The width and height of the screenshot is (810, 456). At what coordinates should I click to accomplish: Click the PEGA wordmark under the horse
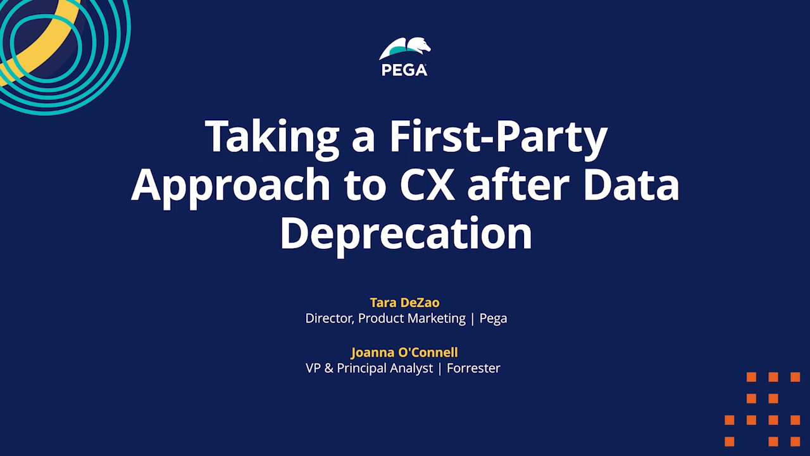pyautogui.click(x=404, y=70)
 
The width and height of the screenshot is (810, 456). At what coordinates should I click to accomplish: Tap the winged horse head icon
pyautogui.click(x=405, y=49)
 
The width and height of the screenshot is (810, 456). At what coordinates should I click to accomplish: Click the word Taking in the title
pyautogui.click(x=272, y=138)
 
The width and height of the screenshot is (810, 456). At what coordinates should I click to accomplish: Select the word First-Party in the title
pyautogui.click(x=498, y=136)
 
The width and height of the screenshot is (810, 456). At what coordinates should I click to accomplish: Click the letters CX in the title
pyautogui.click(x=427, y=185)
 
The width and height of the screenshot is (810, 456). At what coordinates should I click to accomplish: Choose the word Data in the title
pyautogui.click(x=631, y=185)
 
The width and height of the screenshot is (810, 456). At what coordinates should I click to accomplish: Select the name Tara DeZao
pyautogui.click(x=404, y=302)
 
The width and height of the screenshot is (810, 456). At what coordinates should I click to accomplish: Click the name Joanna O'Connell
pyautogui.click(x=404, y=352)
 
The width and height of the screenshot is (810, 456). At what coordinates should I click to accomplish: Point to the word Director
pyautogui.click(x=330, y=319)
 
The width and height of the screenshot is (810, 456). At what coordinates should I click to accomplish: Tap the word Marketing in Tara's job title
pyautogui.click(x=437, y=319)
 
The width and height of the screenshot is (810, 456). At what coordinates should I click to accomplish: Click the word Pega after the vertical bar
pyautogui.click(x=493, y=319)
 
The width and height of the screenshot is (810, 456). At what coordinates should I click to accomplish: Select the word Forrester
pyautogui.click(x=473, y=368)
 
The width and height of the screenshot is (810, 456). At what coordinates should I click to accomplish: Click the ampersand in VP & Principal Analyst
pyautogui.click(x=328, y=368)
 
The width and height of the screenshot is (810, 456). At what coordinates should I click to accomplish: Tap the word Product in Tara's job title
pyautogui.click(x=381, y=319)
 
